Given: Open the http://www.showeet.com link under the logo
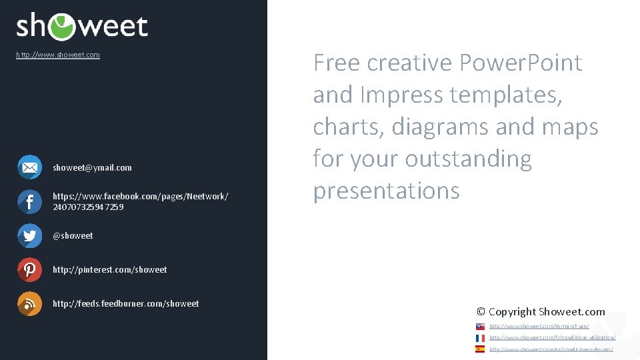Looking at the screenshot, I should (58, 55).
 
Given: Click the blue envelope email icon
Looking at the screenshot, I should (29, 167).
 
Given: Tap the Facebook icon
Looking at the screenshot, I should (29, 201).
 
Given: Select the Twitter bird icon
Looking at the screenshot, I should (29, 235).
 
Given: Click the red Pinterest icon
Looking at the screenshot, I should (29, 269).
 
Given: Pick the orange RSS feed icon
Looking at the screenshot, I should (29, 303).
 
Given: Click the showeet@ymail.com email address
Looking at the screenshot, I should (92, 168).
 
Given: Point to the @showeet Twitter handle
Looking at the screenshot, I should (73, 236).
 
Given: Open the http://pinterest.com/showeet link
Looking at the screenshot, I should (110, 270).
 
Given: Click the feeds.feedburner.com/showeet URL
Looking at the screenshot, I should (125, 304).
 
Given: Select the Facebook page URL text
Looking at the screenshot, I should (140, 201).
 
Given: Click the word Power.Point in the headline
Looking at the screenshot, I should (520, 63).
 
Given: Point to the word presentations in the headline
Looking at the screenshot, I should (386, 191).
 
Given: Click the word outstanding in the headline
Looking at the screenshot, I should (468, 159).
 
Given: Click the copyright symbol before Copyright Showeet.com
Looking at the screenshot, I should (481, 312).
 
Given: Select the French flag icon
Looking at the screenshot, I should (480, 338).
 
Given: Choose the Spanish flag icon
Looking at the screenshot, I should (480, 349).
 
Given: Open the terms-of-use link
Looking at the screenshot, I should (539, 327).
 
